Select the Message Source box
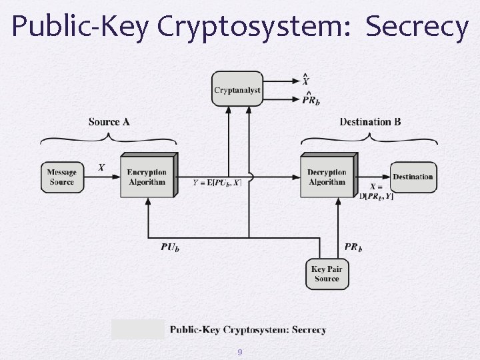coord(61,177)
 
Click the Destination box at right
coord(413,177)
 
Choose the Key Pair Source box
coord(327,273)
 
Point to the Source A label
coord(109,122)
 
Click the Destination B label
coord(370,122)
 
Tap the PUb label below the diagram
coord(170,247)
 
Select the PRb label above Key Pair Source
coord(353,247)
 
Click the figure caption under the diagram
coord(248,329)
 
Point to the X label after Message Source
coord(101,167)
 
